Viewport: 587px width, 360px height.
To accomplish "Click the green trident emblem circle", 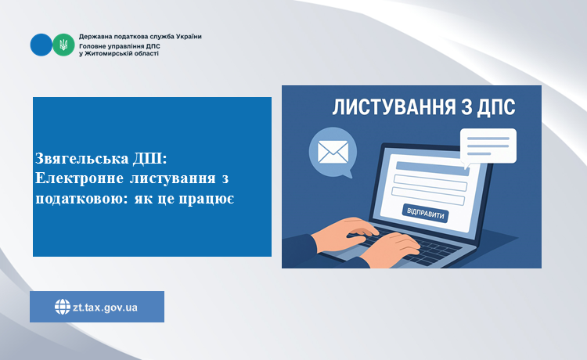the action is pos(63,45).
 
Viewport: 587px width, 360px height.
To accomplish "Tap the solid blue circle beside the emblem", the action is pos(41,45).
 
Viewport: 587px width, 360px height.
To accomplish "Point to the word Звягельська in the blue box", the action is pos(82,158).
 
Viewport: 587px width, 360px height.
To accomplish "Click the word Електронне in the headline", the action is pos(79,178).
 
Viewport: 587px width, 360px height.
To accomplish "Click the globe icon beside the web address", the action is pos(62,308).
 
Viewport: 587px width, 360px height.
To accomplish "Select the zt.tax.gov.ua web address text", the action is pos(105,308).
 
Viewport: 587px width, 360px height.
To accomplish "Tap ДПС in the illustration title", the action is pos(496,107).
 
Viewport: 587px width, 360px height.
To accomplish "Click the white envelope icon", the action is pos(333,152).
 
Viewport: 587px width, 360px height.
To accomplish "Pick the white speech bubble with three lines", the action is pos(488,146).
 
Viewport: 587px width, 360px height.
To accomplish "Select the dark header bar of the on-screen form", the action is pos(432,168).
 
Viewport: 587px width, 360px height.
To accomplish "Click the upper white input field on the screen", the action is pos(430,182).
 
